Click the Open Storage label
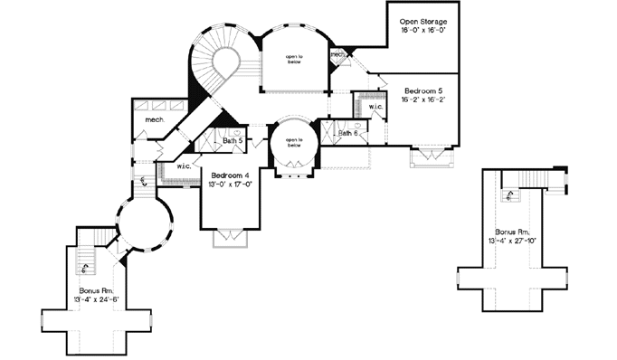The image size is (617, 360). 419,20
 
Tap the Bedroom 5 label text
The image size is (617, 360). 423,92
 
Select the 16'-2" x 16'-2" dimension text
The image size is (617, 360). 423,102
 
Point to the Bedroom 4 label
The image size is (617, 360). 231,175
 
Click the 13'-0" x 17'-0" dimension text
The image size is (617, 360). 231,185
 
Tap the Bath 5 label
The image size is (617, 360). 233,140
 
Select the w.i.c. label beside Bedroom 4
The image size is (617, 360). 183,166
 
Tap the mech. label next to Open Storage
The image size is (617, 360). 338,54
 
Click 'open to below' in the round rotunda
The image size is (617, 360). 293,143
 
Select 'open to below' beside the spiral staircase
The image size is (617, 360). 293,60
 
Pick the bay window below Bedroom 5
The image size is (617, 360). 429,157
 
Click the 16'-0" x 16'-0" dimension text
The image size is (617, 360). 419,30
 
